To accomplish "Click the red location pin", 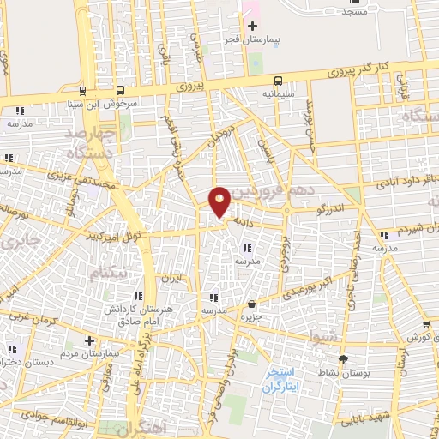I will point(219,201).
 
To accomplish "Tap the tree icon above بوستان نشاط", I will point(344,360).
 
